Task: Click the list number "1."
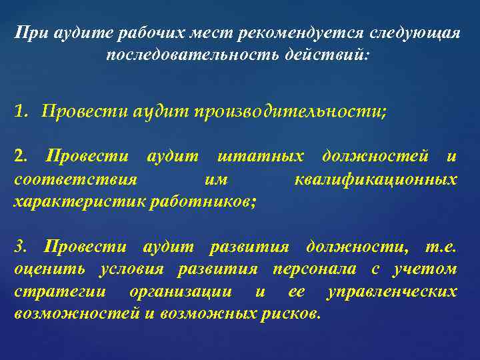21,111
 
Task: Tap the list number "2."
21,157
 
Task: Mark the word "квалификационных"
375,179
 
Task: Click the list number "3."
21,247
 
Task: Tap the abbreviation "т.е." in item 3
441,247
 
